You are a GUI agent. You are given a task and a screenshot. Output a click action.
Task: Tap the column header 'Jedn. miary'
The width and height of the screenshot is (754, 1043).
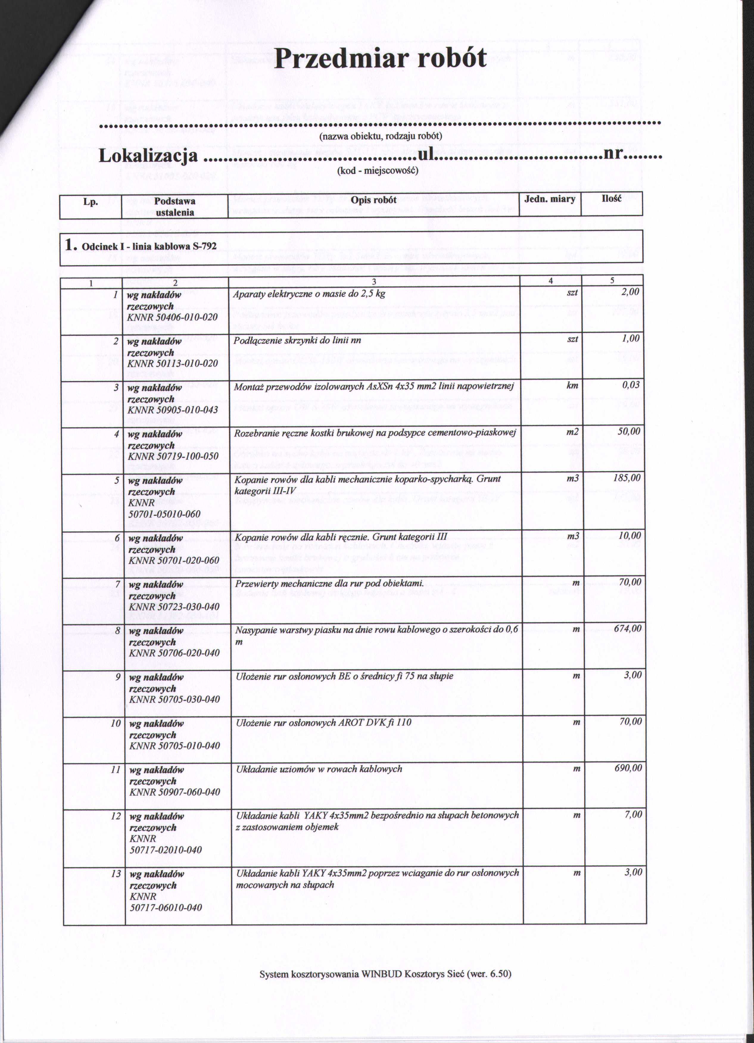(550, 199)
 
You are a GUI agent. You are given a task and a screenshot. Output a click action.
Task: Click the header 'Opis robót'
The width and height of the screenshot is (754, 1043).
(373, 200)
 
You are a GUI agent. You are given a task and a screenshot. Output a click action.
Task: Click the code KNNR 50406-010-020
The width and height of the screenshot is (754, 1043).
(172, 317)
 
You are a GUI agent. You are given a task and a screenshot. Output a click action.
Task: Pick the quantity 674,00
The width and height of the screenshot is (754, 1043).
(627, 629)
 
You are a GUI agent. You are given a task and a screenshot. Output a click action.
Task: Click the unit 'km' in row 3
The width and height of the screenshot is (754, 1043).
(572, 385)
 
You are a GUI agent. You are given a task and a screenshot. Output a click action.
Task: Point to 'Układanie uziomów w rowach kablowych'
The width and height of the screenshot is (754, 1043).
(319, 769)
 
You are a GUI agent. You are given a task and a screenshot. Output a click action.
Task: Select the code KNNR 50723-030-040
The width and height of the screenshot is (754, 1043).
(174, 607)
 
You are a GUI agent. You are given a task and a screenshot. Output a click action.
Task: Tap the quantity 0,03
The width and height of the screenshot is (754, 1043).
(630, 385)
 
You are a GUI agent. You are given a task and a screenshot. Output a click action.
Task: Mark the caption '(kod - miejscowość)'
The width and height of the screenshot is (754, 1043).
(377, 171)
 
